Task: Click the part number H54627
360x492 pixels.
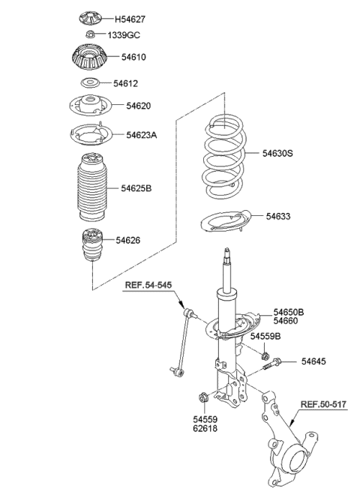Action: point(129,18)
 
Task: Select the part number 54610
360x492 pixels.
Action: point(125,57)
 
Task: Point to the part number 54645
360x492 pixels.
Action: point(314,362)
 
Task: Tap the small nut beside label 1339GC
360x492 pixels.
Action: point(89,34)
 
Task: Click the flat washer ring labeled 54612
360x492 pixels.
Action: point(90,83)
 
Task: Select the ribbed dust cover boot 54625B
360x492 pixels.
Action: point(91,188)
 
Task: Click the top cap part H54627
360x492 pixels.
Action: point(90,18)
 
